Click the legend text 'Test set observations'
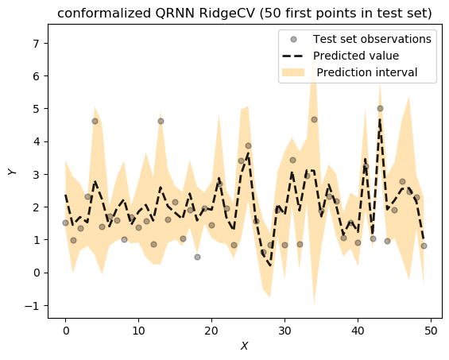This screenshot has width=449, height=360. pyautogui.click(x=372, y=38)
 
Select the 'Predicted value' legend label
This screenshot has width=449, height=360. pyautogui.click(x=356, y=56)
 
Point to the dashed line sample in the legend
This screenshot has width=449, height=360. pyautogui.click(x=294, y=56)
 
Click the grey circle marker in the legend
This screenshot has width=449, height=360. pyautogui.click(x=294, y=38)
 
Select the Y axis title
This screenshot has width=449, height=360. pyautogui.click(x=12, y=172)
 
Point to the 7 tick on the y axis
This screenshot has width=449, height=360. pyautogui.click(x=34, y=43)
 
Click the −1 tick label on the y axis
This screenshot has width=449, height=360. pyautogui.click(x=30, y=305)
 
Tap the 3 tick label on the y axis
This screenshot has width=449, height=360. pyautogui.click(x=34, y=174)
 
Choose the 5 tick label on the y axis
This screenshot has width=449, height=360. pyautogui.click(x=34, y=108)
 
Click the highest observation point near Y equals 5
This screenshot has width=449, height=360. pyautogui.click(x=380, y=108)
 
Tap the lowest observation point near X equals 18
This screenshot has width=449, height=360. pyautogui.click(x=197, y=257)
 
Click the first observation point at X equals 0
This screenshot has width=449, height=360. pyautogui.click(x=65, y=223)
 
